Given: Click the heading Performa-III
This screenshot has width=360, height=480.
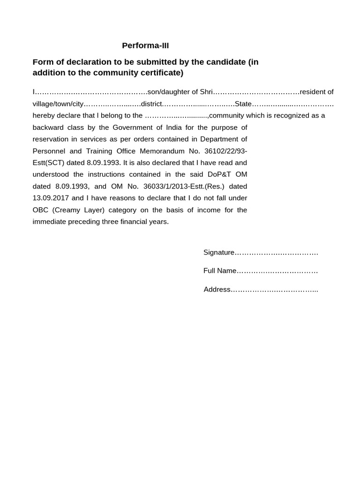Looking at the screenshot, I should coord(145,45).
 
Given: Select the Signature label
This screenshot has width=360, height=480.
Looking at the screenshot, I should coord(218,252).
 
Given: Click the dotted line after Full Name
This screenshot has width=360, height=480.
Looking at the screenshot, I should coord(277,271).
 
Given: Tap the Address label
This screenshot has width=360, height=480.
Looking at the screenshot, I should coord(217,289).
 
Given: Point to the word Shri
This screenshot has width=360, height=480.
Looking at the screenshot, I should coord(206,92).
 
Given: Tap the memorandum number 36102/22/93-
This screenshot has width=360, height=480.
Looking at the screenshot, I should coord(226,151).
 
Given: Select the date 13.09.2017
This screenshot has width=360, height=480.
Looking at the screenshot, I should coord(51,198).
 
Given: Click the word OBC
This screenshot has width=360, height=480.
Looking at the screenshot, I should coord(41,210).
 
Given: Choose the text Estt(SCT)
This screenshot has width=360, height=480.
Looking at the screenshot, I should coord(48,163).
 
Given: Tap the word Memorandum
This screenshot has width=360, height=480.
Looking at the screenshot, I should coord(163,151).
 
